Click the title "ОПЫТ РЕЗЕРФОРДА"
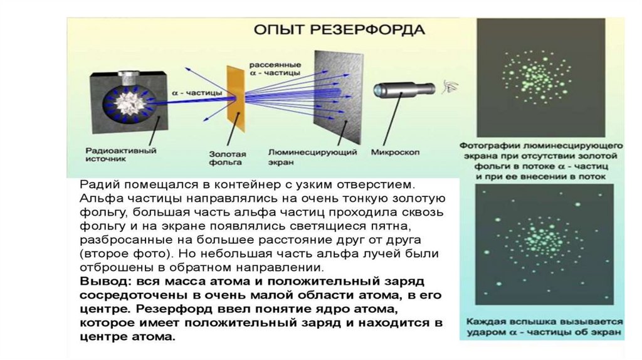339,30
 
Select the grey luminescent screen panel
339,97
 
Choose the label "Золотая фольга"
228,157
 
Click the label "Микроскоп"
395,152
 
